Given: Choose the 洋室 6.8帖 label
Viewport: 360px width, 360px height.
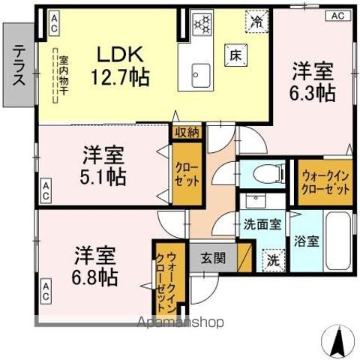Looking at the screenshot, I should pyautogui.click(x=94, y=265).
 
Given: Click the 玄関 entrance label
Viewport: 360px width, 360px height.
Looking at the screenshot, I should pyautogui.click(x=212, y=257).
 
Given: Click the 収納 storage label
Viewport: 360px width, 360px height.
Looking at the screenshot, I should pyautogui.click(x=187, y=132).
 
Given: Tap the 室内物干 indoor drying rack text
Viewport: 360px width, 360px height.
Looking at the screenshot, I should pyautogui.click(x=64, y=71).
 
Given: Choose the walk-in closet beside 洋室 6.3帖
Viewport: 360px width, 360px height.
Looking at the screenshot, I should pyautogui.click(x=325, y=182).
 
